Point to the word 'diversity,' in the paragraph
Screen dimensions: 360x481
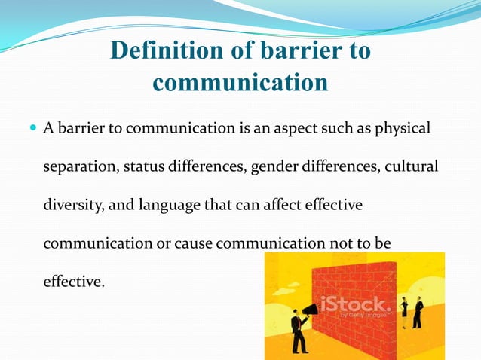(x=72, y=205)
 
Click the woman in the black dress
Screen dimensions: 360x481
(x=403, y=310)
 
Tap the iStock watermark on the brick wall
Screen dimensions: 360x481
(x=354, y=305)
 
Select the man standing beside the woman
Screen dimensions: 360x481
(x=418, y=311)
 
